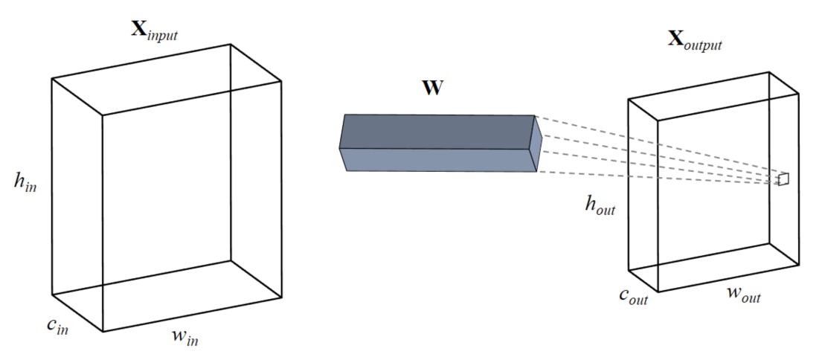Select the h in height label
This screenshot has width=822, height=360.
(25, 182)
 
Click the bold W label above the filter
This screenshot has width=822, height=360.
(431, 89)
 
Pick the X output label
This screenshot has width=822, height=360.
(693, 40)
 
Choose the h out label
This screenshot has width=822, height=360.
(600, 205)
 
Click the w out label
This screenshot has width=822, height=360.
(742, 295)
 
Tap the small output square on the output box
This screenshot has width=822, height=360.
(783, 179)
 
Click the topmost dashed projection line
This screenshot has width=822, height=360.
(655, 147)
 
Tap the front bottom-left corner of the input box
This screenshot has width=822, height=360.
(102, 331)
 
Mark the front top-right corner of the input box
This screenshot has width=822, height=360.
(282, 80)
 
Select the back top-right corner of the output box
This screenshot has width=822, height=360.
(769, 72)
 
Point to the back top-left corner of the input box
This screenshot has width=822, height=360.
(52, 78)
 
